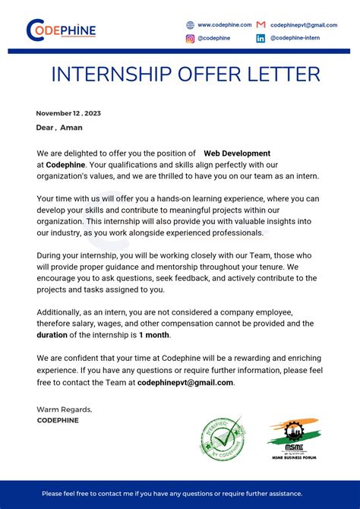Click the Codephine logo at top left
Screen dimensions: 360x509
pos(61,30)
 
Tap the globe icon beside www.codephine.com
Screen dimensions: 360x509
pos(190,25)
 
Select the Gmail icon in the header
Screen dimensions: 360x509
pos(261,25)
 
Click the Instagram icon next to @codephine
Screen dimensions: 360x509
pos(190,39)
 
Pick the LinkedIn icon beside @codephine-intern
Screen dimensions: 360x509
pos(261,39)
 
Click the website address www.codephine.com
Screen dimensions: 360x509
pos(224,25)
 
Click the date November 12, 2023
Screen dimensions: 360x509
pos(68,113)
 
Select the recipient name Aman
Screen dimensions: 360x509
pos(71,128)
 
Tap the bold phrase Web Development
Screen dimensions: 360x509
pos(236,153)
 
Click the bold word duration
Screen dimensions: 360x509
pos(52,334)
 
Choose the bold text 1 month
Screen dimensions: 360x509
pos(154,334)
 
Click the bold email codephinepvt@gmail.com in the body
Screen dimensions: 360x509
pos(185,382)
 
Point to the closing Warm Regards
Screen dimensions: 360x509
pos(65,409)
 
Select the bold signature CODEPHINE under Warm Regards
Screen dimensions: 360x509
pos(58,420)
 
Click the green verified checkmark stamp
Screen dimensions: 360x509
pos(223,438)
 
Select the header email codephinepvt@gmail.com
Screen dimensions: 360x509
pos(304,25)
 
